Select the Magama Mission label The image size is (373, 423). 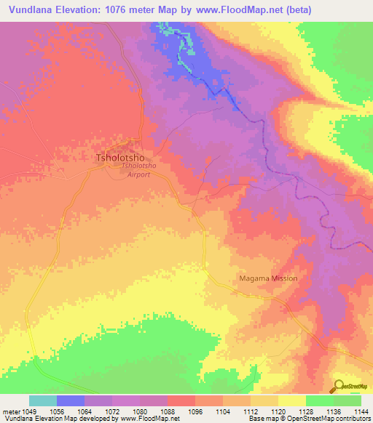coord(270,278)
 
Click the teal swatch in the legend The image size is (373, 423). coord(43,400)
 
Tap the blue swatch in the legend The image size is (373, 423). coord(71,400)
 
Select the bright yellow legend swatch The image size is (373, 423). coord(292,400)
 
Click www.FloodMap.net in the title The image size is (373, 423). coord(251,10)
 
